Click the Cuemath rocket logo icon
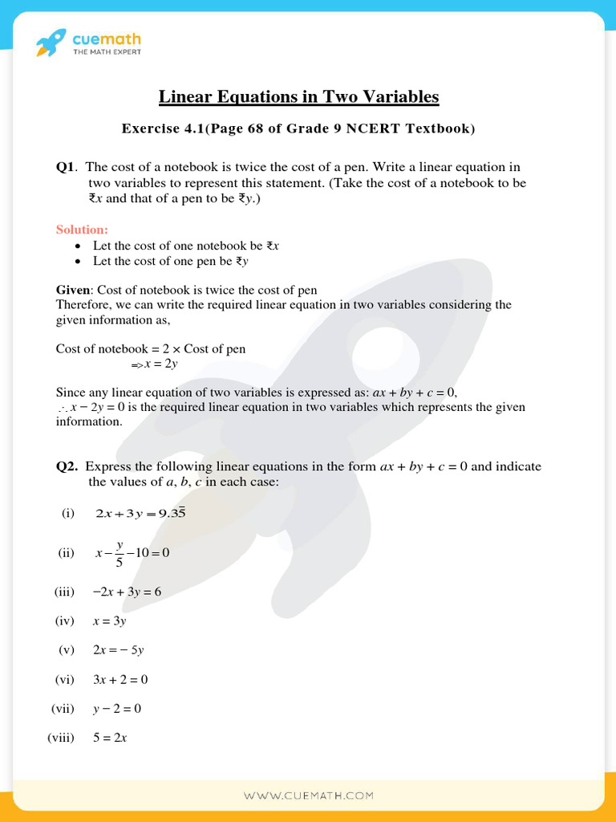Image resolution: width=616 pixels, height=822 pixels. [51, 43]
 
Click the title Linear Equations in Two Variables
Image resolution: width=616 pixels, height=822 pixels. [298, 97]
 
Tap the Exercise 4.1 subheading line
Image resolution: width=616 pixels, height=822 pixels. [298, 128]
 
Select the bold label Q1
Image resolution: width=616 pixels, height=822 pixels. [65, 167]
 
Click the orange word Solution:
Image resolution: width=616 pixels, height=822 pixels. [82, 230]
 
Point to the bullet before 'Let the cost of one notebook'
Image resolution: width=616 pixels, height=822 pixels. [77, 246]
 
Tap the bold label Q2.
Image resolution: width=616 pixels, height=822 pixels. [67, 466]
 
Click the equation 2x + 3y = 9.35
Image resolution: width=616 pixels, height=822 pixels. [140, 513]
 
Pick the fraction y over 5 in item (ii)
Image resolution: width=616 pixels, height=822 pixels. [120, 552]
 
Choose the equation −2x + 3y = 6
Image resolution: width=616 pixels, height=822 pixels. [127, 592]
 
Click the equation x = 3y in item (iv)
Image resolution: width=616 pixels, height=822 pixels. [110, 621]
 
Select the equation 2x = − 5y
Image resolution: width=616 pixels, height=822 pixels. [118, 650]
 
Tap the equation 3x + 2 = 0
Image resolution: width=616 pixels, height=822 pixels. [120, 680]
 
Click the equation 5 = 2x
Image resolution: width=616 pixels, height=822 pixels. [110, 738]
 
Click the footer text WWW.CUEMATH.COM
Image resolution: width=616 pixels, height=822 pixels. [308, 796]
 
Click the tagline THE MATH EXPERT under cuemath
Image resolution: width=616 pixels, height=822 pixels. [107, 52]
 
